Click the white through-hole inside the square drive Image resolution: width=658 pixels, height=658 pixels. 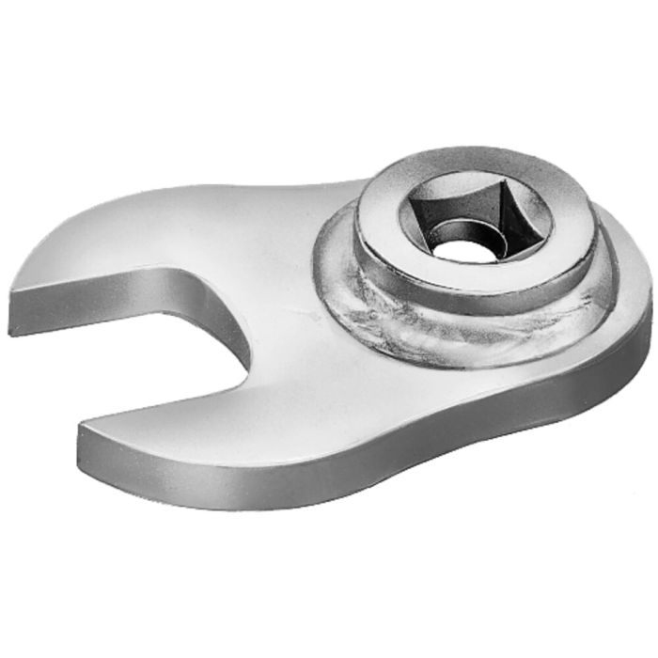(462, 250)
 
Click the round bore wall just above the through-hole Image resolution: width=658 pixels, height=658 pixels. (463, 229)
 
